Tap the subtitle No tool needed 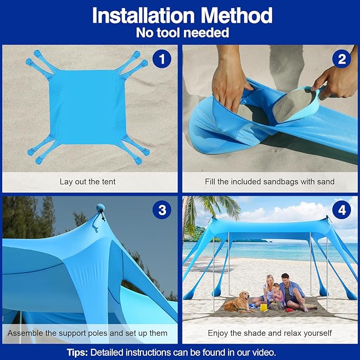point(182,33)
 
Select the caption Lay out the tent point(87,181)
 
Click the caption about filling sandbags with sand point(270,181)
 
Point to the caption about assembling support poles point(87,333)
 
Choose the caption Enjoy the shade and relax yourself point(270,333)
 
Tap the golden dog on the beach point(242,302)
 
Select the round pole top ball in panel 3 point(101,208)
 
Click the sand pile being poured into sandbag point(294,103)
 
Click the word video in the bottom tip point(264,352)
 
